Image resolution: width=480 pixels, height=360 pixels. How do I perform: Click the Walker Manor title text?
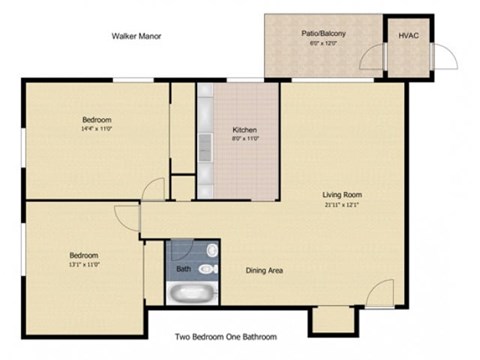(x=136, y=36)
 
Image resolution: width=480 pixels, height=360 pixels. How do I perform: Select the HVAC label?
(x=408, y=36)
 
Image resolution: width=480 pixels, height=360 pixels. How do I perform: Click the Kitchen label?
(x=246, y=131)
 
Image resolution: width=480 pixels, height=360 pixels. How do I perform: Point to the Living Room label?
(x=341, y=194)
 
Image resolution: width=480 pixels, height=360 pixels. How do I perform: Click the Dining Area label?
(x=265, y=270)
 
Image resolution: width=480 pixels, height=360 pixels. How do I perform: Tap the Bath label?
(x=183, y=269)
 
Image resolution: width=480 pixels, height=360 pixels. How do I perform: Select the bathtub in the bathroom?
(x=191, y=294)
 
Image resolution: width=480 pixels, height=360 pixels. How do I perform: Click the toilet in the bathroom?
(x=207, y=269)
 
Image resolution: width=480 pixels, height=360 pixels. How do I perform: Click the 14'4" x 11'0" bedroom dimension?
(x=96, y=128)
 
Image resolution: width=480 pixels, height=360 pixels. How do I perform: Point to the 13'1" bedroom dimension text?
(x=84, y=265)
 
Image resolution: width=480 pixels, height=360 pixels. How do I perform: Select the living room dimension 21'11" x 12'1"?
(x=341, y=204)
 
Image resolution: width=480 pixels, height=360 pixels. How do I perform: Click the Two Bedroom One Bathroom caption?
(x=225, y=337)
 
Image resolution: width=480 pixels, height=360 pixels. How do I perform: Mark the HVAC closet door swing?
(x=445, y=57)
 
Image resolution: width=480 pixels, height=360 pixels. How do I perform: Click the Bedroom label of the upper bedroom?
(x=96, y=119)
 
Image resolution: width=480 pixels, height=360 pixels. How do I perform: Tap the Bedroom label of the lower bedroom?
(x=84, y=255)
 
